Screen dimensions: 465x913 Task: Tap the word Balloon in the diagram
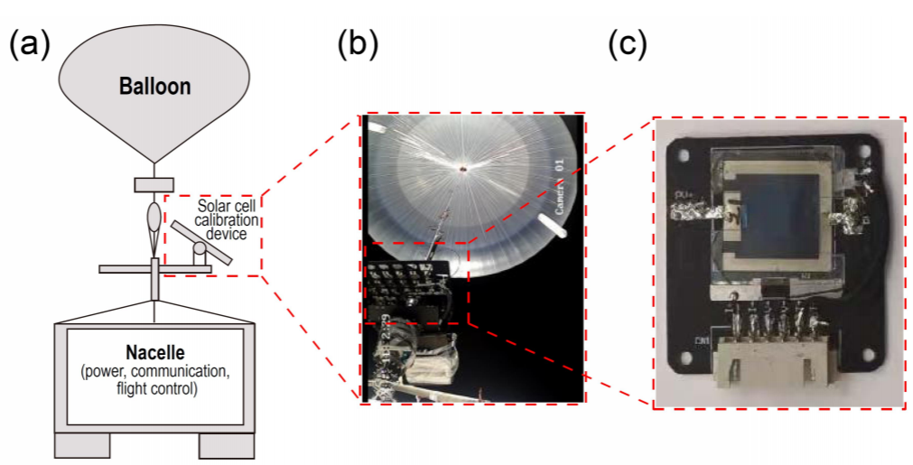click(x=155, y=88)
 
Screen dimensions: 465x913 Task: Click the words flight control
click(x=154, y=390)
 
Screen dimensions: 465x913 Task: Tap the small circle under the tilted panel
click(x=199, y=249)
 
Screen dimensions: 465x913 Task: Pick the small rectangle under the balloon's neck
click(x=154, y=185)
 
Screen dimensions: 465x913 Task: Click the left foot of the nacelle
click(x=83, y=445)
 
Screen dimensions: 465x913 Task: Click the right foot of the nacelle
click(x=227, y=445)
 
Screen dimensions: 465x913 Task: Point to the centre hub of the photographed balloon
click(x=462, y=168)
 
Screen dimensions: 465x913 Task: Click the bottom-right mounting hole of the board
click(x=867, y=357)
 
